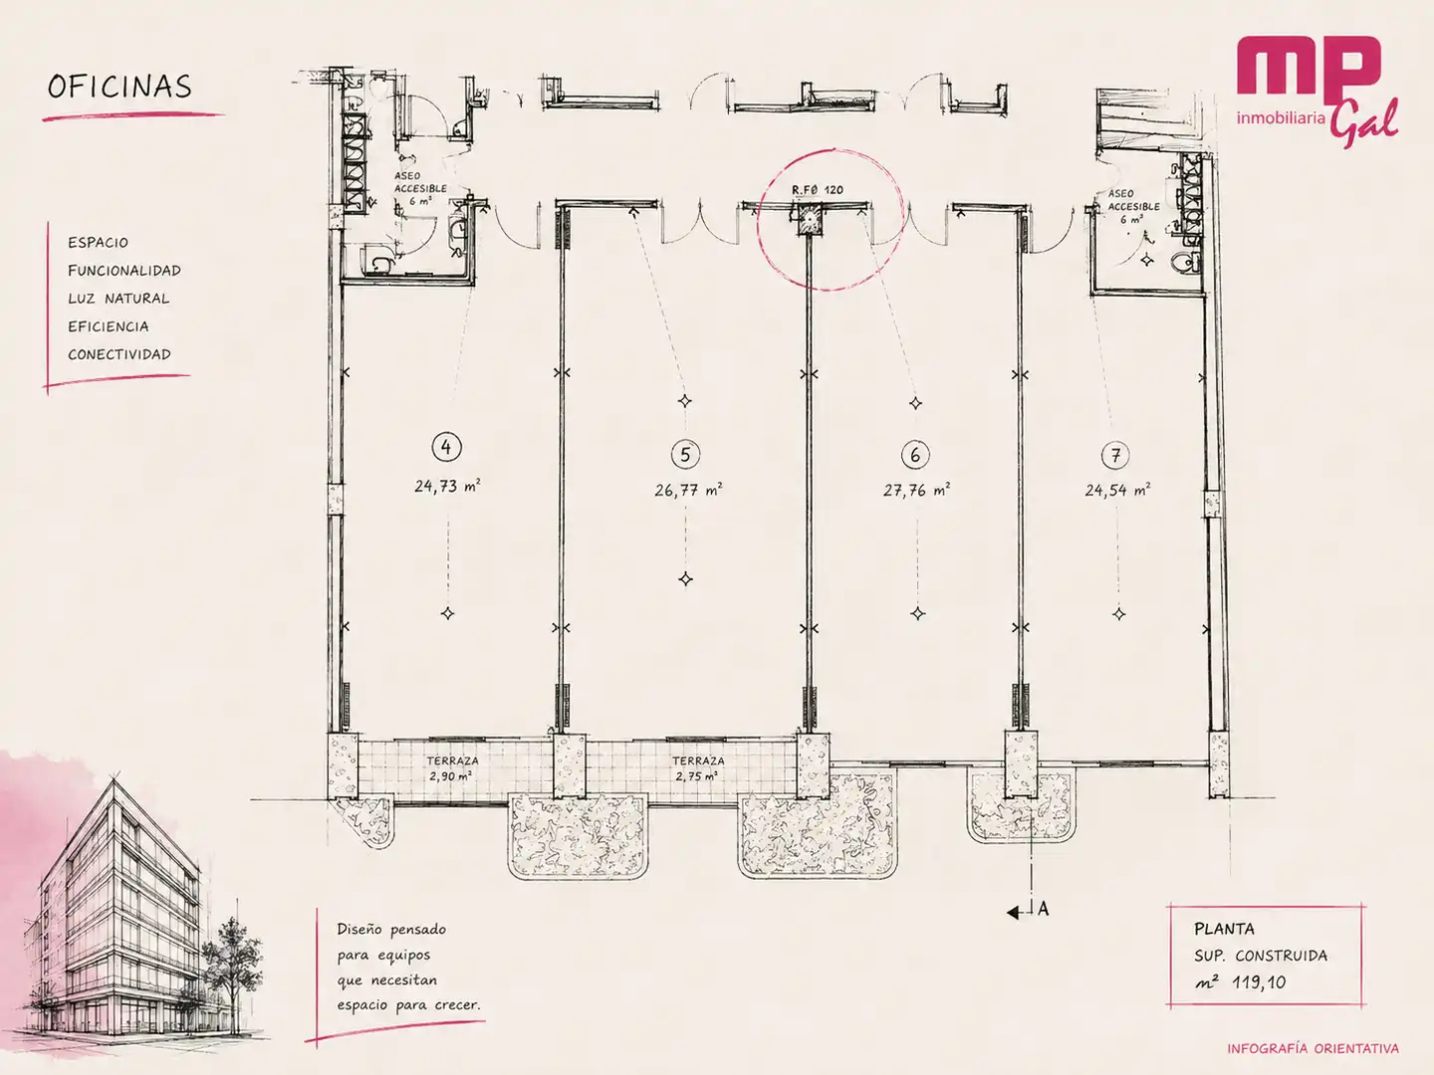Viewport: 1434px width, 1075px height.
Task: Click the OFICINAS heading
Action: point(119,87)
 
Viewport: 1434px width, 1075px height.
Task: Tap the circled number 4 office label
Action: point(447,447)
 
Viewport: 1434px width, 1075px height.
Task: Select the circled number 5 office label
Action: point(685,454)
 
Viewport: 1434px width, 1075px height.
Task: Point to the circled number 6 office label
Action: point(914,455)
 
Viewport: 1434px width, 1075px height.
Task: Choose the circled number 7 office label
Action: point(1115,455)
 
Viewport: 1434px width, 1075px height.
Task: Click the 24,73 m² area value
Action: point(447,486)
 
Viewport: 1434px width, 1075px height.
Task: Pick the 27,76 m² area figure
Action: point(916,490)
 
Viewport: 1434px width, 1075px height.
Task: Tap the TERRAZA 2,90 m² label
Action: point(452,768)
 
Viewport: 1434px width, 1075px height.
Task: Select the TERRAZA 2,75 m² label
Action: point(698,768)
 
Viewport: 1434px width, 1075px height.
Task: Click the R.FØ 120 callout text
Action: point(818,190)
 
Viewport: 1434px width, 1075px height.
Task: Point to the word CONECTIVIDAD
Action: point(119,354)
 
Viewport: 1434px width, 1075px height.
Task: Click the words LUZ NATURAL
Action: point(119,299)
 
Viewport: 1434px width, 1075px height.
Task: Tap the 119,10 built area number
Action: point(1259,982)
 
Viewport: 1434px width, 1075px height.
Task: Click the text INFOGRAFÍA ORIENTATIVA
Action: point(1313,1049)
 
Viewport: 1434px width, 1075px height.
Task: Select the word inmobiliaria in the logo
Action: point(1281,118)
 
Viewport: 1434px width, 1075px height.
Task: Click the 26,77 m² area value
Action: point(688,490)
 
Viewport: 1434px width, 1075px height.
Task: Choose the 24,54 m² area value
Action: point(1117,490)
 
